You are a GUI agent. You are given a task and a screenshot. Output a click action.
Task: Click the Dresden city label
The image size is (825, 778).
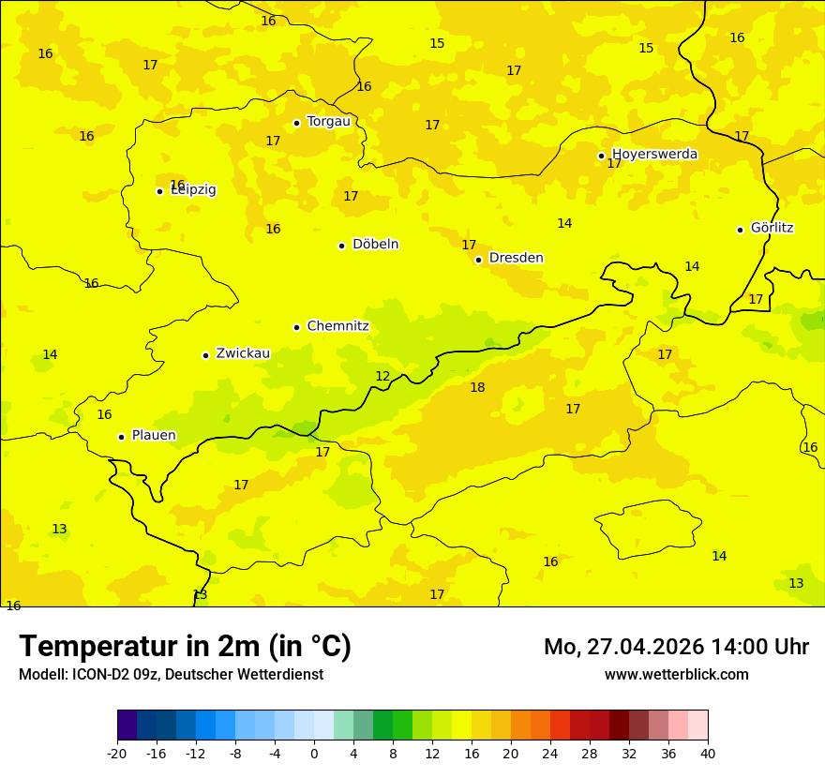516,258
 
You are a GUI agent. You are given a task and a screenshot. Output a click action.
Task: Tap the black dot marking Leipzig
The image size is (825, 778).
159,191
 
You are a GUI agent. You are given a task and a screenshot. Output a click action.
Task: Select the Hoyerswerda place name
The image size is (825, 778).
654,154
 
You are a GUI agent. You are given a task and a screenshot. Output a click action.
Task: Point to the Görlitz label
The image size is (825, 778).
772,228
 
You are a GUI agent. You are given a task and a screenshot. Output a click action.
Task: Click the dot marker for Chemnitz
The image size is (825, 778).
296,327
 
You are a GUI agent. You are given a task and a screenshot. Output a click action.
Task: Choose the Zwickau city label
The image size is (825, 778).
243,353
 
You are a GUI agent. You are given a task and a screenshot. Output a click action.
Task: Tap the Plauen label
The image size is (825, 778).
154,435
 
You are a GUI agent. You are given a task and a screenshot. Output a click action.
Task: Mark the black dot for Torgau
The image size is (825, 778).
296,123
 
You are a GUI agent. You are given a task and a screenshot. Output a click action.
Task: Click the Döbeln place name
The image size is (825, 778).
375,244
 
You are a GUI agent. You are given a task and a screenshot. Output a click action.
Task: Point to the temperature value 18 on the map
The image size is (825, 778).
477,387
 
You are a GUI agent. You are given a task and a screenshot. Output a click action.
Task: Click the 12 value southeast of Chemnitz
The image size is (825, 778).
382,376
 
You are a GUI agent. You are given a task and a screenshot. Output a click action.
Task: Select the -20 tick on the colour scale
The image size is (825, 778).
117,754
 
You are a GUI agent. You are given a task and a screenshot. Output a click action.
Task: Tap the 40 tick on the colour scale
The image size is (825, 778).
708,754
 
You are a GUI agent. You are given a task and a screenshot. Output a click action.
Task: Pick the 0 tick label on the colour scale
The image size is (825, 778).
314,754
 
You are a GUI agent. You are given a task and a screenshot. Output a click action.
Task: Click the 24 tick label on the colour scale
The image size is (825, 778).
550,754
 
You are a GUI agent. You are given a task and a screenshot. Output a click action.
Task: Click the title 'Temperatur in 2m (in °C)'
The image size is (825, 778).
185,646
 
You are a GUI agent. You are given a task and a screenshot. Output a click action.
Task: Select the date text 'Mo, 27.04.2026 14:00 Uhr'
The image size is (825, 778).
676,647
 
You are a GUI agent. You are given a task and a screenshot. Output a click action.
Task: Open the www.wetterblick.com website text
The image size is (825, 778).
676,674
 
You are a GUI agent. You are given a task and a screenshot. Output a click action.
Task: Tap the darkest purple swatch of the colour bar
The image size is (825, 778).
127,726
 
